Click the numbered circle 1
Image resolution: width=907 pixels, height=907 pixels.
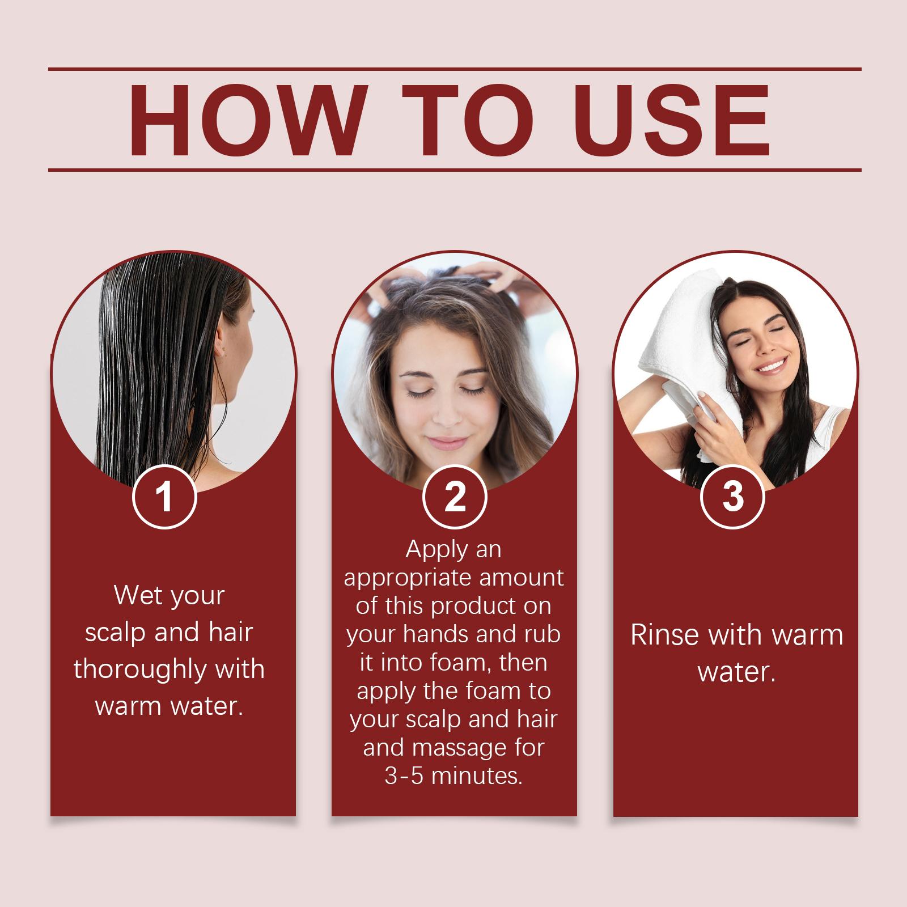(164, 497)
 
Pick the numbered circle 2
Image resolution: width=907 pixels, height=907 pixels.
(455, 497)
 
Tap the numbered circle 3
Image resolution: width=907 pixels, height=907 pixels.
(733, 497)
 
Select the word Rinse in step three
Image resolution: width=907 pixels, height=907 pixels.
(664, 635)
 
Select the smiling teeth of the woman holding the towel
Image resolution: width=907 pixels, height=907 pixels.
(771, 367)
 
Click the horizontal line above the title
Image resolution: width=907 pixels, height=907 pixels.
(455, 70)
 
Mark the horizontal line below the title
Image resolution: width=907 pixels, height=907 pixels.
(455, 169)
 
